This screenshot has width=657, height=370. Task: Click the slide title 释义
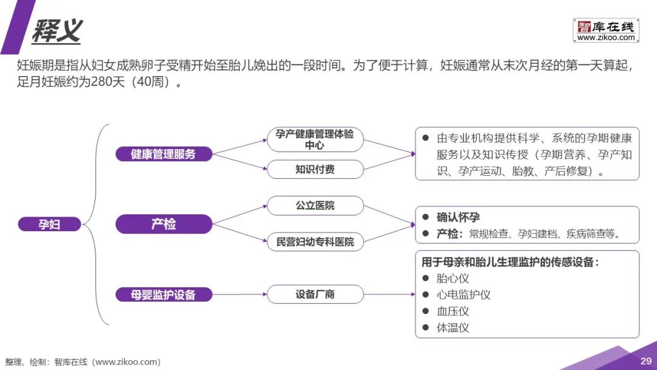57,30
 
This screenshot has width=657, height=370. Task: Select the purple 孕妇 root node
50,225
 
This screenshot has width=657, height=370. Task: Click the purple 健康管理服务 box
164,154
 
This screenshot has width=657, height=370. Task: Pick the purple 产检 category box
164,225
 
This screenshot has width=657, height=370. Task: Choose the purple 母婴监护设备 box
164,295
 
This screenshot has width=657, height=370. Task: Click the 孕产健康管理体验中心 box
315,140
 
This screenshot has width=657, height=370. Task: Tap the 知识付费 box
315,169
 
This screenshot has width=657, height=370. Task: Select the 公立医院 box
315,206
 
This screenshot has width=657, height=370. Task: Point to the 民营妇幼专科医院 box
315,242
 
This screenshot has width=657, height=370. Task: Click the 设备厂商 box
315,295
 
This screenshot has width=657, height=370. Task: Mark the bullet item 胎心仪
453,279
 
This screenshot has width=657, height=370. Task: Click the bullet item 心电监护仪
464,295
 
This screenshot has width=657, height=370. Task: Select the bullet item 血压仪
453,312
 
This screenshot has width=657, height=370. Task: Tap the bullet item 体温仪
453,328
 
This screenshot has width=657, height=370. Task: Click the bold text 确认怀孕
458,217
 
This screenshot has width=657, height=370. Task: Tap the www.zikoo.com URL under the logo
605,38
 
